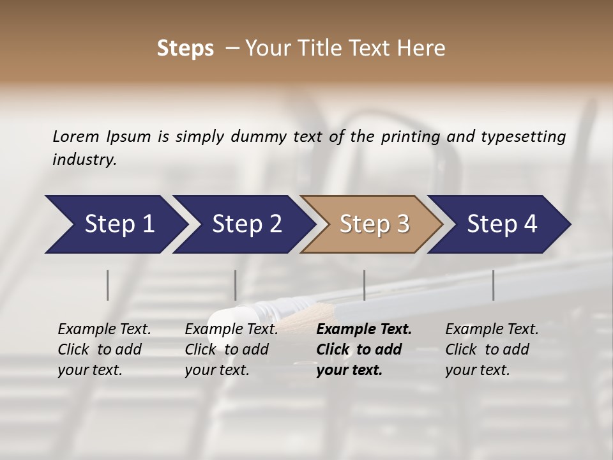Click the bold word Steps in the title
(185, 49)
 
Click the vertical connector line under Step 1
(108, 285)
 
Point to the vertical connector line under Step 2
(236, 285)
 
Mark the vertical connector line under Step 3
(365, 285)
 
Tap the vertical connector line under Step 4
(494, 285)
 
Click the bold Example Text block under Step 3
(363, 349)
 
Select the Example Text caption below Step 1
(104, 349)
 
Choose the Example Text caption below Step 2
(231, 349)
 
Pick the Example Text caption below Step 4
(492, 349)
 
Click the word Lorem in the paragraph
(76, 136)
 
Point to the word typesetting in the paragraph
(523, 137)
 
